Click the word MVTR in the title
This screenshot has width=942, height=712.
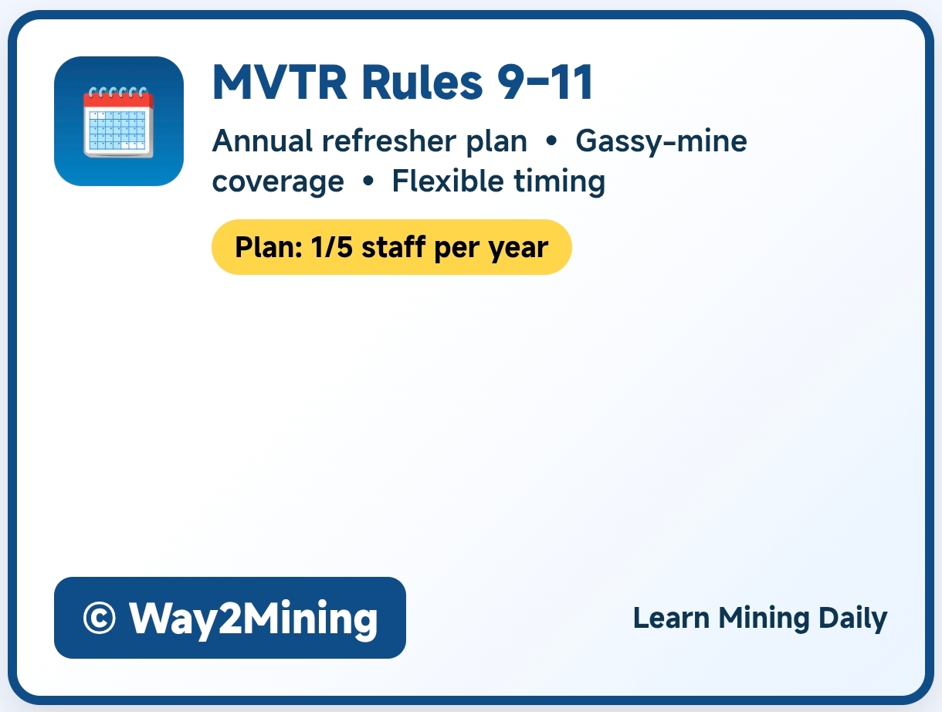[280, 82]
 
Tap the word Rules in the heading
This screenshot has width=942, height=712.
[422, 82]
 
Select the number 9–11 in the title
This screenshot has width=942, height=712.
[546, 82]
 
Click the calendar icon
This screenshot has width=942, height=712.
[118, 121]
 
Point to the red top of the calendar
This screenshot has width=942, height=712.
[118, 100]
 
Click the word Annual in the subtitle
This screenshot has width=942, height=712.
[263, 141]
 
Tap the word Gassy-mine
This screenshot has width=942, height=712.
[661, 141]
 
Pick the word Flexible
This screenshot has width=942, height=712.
[447, 181]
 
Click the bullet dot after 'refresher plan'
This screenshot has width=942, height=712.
[551, 141]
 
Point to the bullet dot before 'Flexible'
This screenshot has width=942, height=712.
[368, 181]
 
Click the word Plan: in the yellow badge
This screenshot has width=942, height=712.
[269, 247]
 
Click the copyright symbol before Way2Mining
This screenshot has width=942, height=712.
[99, 618]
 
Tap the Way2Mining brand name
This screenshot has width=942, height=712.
[253, 619]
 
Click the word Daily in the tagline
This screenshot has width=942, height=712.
[852, 619]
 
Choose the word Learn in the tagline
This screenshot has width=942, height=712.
[671, 619]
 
